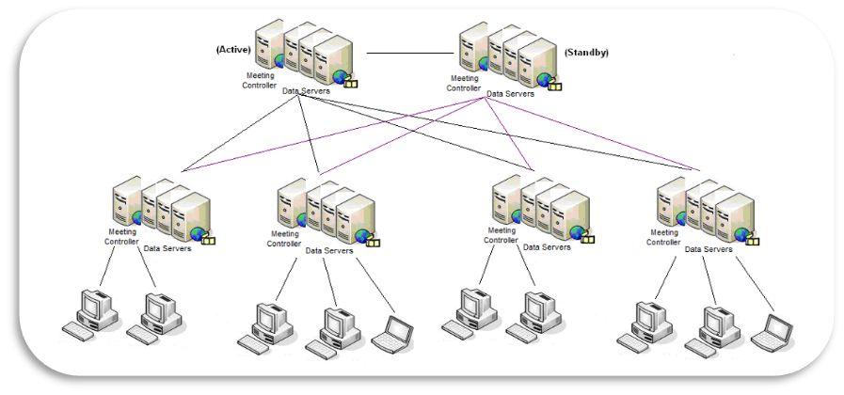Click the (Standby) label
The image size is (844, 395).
pos(585,53)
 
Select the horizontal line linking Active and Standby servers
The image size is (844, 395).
pos(406,53)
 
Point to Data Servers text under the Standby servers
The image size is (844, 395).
pos(510,94)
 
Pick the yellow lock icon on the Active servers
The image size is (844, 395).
pos(350,83)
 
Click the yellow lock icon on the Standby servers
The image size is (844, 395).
pos(554,86)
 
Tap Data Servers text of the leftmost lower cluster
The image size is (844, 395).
pos(167,249)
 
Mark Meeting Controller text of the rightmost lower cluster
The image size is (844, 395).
pos(662,237)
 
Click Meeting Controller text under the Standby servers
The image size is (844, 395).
pos(464,84)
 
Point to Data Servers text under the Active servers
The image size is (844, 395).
pos(307,91)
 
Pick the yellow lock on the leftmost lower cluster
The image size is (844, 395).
pos(208,239)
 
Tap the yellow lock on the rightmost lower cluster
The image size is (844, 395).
pos(752,240)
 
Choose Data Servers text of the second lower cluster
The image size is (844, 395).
pos(329,251)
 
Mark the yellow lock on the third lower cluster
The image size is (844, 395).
pos(588,238)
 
